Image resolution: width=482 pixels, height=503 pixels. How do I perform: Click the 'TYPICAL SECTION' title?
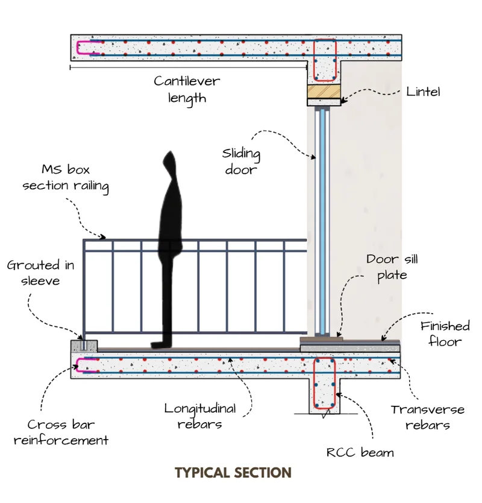[233, 473]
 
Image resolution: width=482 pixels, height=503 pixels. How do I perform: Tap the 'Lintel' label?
[424, 92]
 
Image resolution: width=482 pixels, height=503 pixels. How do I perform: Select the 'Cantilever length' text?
[187, 89]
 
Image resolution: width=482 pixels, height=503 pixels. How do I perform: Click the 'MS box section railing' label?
[66, 178]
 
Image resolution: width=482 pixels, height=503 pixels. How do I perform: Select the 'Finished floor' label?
[445, 334]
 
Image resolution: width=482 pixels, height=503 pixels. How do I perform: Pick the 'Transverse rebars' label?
[428, 417]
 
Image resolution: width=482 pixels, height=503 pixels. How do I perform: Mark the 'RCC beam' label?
[360, 452]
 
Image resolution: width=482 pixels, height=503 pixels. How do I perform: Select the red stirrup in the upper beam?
[326, 60]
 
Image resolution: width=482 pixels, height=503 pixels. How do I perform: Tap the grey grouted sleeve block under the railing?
[83, 346]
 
